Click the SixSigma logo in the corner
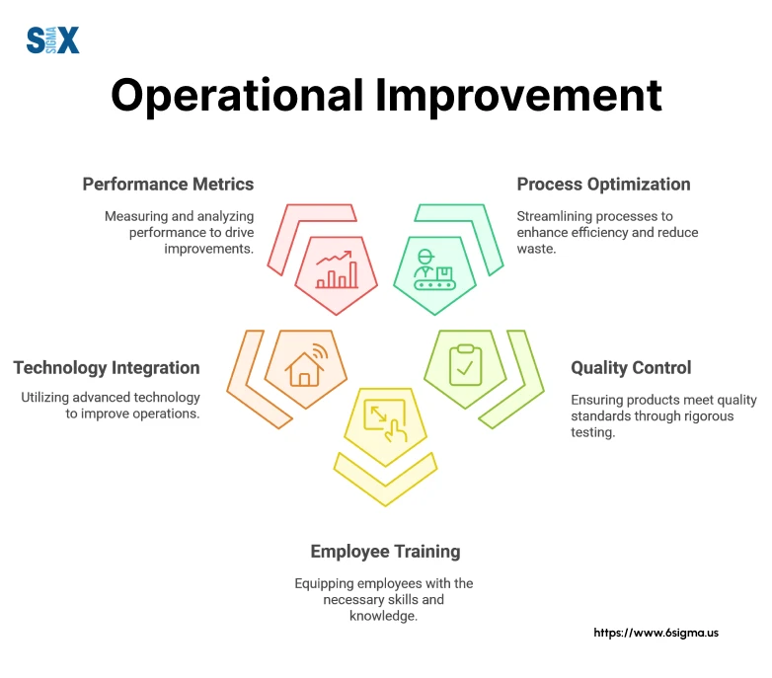pyautogui.click(x=52, y=39)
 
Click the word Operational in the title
pyautogui.click(x=237, y=96)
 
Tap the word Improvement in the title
pyautogui.click(x=519, y=96)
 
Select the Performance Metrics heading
pyautogui.click(x=168, y=184)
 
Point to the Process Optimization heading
pyautogui.click(x=603, y=184)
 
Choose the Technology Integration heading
pyautogui.click(x=107, y=367)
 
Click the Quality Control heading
pyautogui.click(x=631, y=367)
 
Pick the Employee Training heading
pyautogui.click(x=386, y=552)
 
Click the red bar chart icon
pyautogui.click(x=337, y=269)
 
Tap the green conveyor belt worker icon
pyautogui.click(x=434, y=269)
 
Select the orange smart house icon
pyautogui.click(x=306, y=365)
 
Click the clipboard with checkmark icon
pyautogui.click(x=465, y=365)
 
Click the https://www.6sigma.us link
pyautogui.click(x=656, y=633)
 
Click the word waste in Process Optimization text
pyautogui.click(x=536, y=249)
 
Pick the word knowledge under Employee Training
pyautogui.click(x=384, y=616)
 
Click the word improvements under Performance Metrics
pyautogui.click(x=208, y=249)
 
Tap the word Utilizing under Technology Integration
pyautogui.click(x=45, y=398)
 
